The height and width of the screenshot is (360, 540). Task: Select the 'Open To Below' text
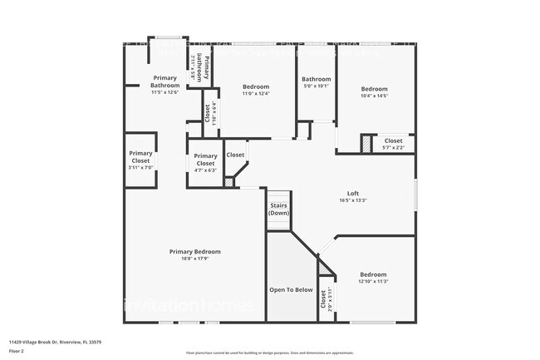click(291, 290)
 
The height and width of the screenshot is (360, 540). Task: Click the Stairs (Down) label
click(278, 209)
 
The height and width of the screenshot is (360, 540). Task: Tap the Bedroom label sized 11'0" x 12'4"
click(256, 86)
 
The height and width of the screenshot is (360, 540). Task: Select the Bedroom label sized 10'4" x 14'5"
click(374, 89)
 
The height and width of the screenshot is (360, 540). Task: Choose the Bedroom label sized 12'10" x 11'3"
click(373, 274)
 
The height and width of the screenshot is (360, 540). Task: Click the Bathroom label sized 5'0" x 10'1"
click(316, 79)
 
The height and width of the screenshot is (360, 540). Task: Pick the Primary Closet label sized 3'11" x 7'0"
click(140, 156)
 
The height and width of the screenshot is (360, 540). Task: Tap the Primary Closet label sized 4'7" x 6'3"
click(205, 159)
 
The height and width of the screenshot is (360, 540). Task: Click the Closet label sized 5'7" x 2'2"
click(393, 141)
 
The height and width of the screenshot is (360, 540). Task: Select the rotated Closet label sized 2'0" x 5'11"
click(324, 304)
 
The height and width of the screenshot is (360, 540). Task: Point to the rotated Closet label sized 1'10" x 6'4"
click(207, 111)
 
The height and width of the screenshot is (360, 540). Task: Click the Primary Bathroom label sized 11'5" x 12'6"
click(164, 81)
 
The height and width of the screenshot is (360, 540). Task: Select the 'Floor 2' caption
click(17, 348)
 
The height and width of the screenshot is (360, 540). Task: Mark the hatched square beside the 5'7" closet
click(366, 144)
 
